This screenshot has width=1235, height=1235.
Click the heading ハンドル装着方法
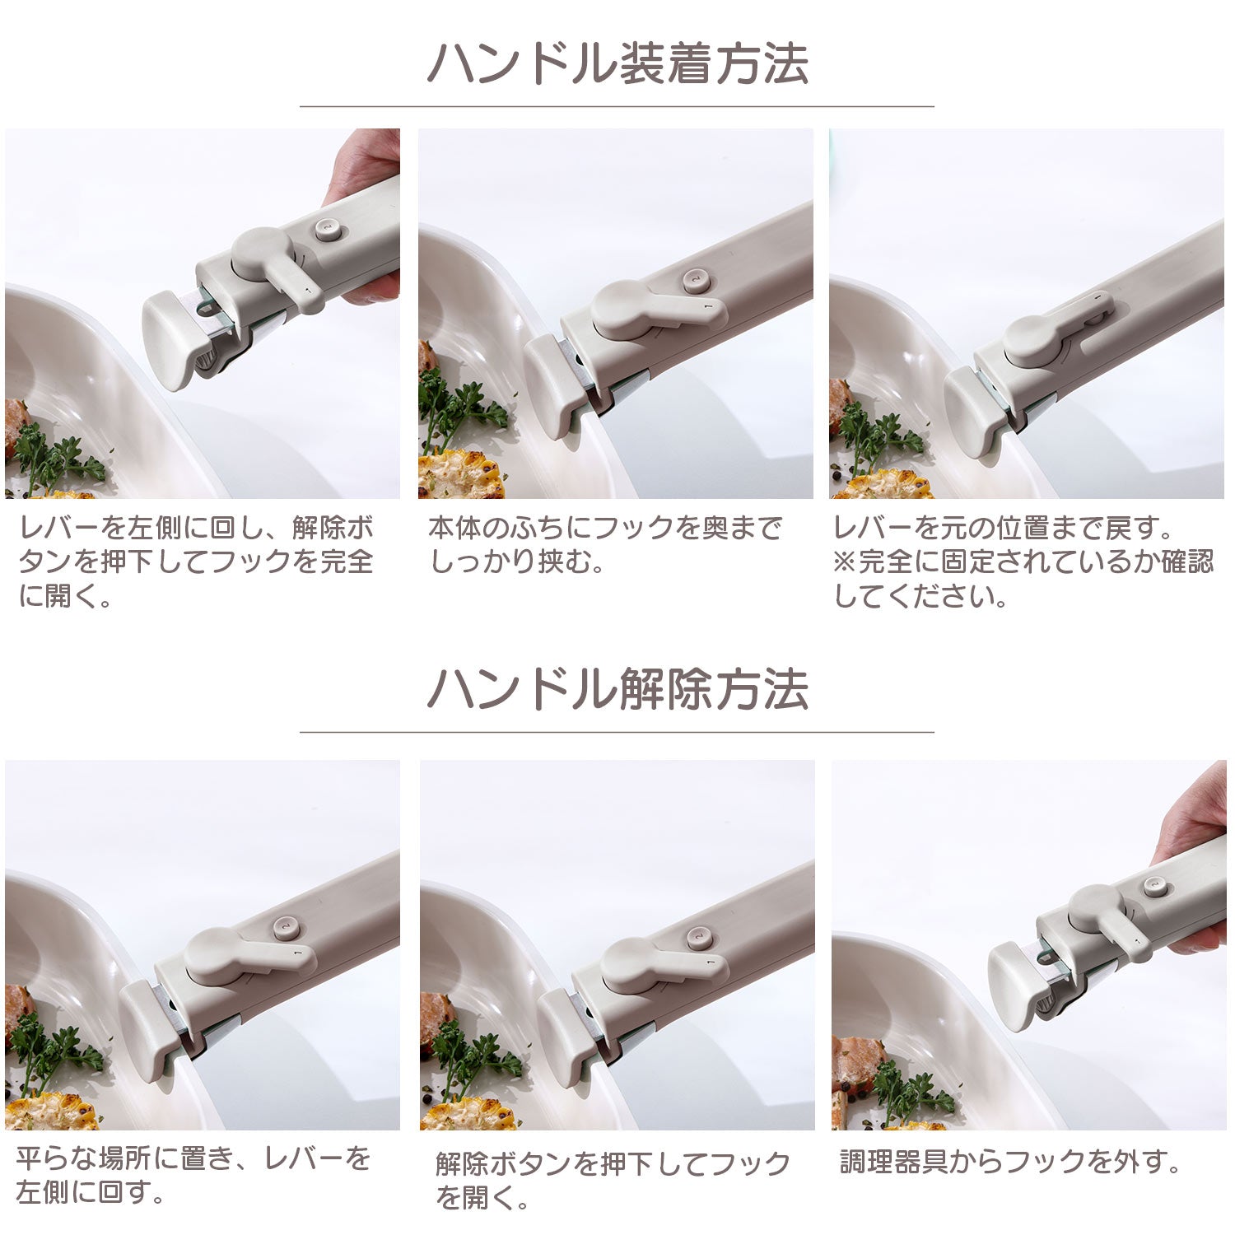pos(617,63)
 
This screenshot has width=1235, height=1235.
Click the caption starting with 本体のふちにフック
pos(604,544)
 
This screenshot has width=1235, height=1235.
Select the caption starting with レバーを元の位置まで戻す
pos(1024,562)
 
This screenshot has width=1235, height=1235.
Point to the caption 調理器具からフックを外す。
pos(1011,1162)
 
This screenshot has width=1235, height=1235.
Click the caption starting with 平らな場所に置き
pos(193,1175)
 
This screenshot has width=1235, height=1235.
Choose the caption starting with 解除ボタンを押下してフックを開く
pos(613,1181)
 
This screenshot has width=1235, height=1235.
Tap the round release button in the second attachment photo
pos(697,281)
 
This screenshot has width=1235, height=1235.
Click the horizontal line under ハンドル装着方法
pos(617,106)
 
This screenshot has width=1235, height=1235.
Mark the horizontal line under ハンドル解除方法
pos(617,731)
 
